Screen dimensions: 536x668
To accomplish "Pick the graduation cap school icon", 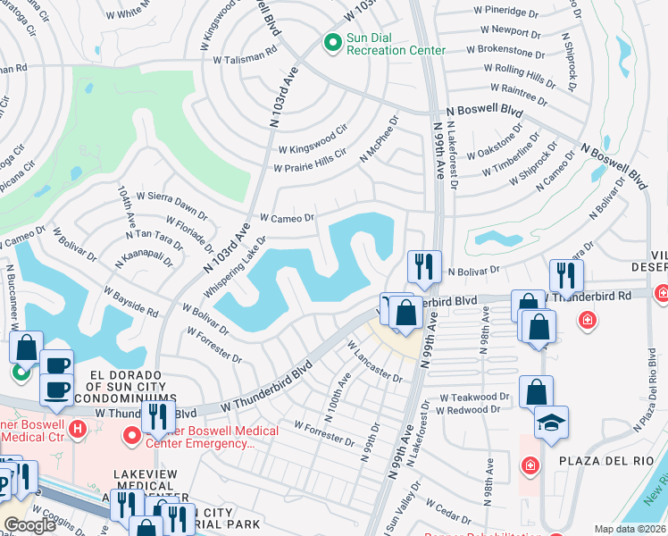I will point(551,423).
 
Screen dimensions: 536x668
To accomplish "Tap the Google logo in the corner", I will point(29,524).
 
